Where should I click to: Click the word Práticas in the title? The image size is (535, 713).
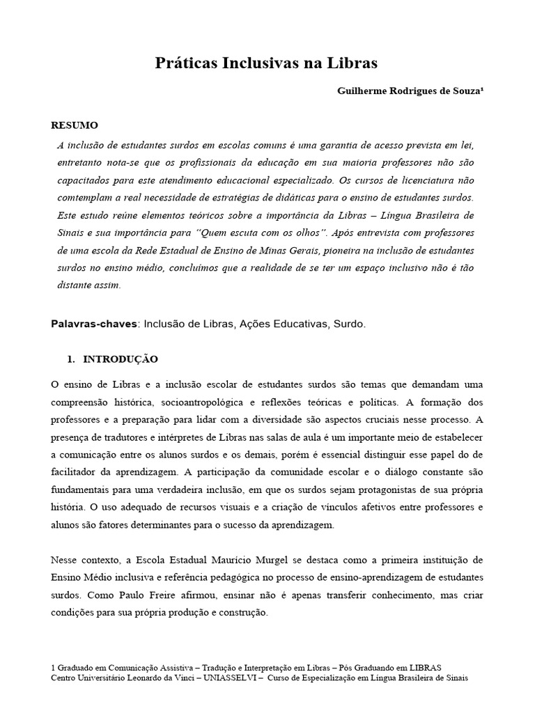(x=185, y=63)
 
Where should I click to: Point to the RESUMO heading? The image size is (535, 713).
(x=75, y=125)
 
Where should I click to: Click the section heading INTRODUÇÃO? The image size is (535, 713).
(x=121, y=359)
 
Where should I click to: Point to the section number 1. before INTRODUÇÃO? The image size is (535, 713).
(x=70, y=359)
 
